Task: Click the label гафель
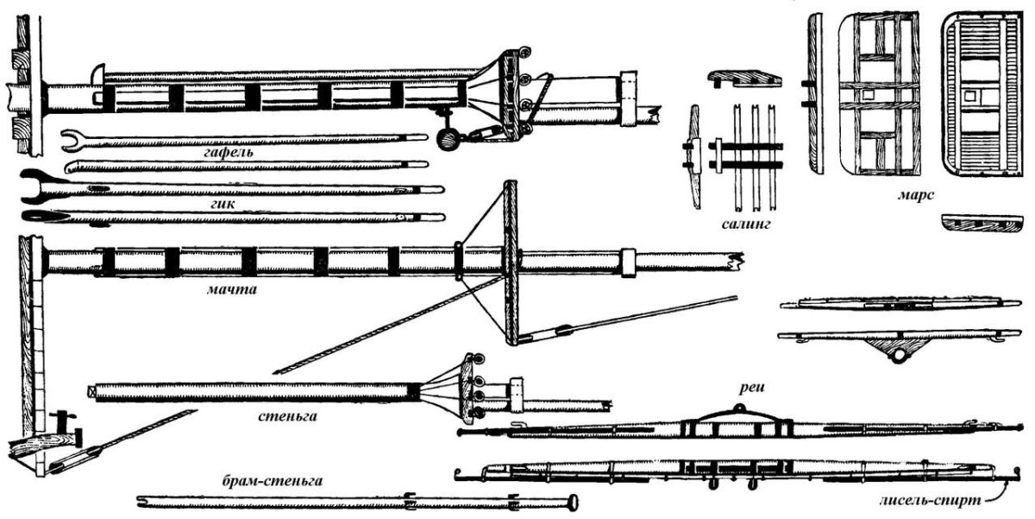pos(229,152)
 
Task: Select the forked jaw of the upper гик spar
pos(39,182)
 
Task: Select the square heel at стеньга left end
pos(92,391)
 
